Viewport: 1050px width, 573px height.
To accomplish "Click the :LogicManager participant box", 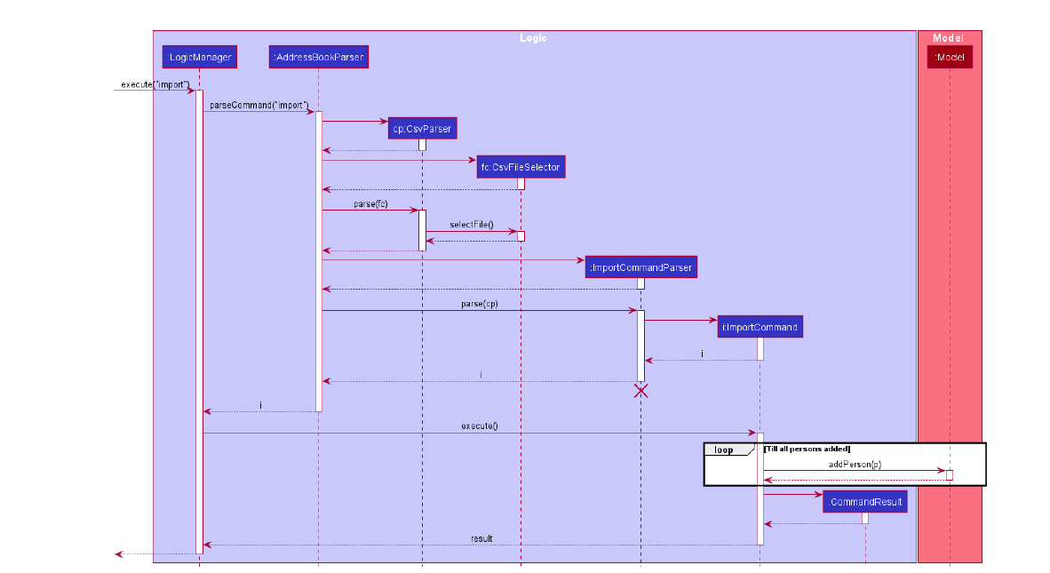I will [199, 58].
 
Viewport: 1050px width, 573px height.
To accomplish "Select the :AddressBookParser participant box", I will [318, 58].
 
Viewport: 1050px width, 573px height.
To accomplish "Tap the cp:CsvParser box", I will [422, 129].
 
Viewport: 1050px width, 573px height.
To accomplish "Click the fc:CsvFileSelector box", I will [521, 167].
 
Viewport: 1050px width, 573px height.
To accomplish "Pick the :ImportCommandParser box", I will [640, 267].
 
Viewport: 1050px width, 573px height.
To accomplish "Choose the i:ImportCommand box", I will [760, 327].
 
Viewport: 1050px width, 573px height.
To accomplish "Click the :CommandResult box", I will [865, 503].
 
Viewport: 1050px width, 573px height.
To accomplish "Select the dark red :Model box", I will [950, 58].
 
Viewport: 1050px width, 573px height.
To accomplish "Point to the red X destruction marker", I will [640, 390].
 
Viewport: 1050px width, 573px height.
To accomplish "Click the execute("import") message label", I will [155, 84].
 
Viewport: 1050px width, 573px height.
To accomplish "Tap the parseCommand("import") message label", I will [259, 106].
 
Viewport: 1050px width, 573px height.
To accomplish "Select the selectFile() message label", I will [471, 225].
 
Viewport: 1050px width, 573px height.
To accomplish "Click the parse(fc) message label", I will [370, 204].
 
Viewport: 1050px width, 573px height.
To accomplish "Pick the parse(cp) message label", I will [479, 304].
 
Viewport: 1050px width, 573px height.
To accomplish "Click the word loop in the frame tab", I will [724, 450].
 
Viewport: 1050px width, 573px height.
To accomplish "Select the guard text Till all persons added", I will [807, 449].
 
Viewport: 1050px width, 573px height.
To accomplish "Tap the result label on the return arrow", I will [481, 538].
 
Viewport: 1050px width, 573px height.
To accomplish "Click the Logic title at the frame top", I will [533, 38].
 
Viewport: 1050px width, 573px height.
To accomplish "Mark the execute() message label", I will [479, 426].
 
